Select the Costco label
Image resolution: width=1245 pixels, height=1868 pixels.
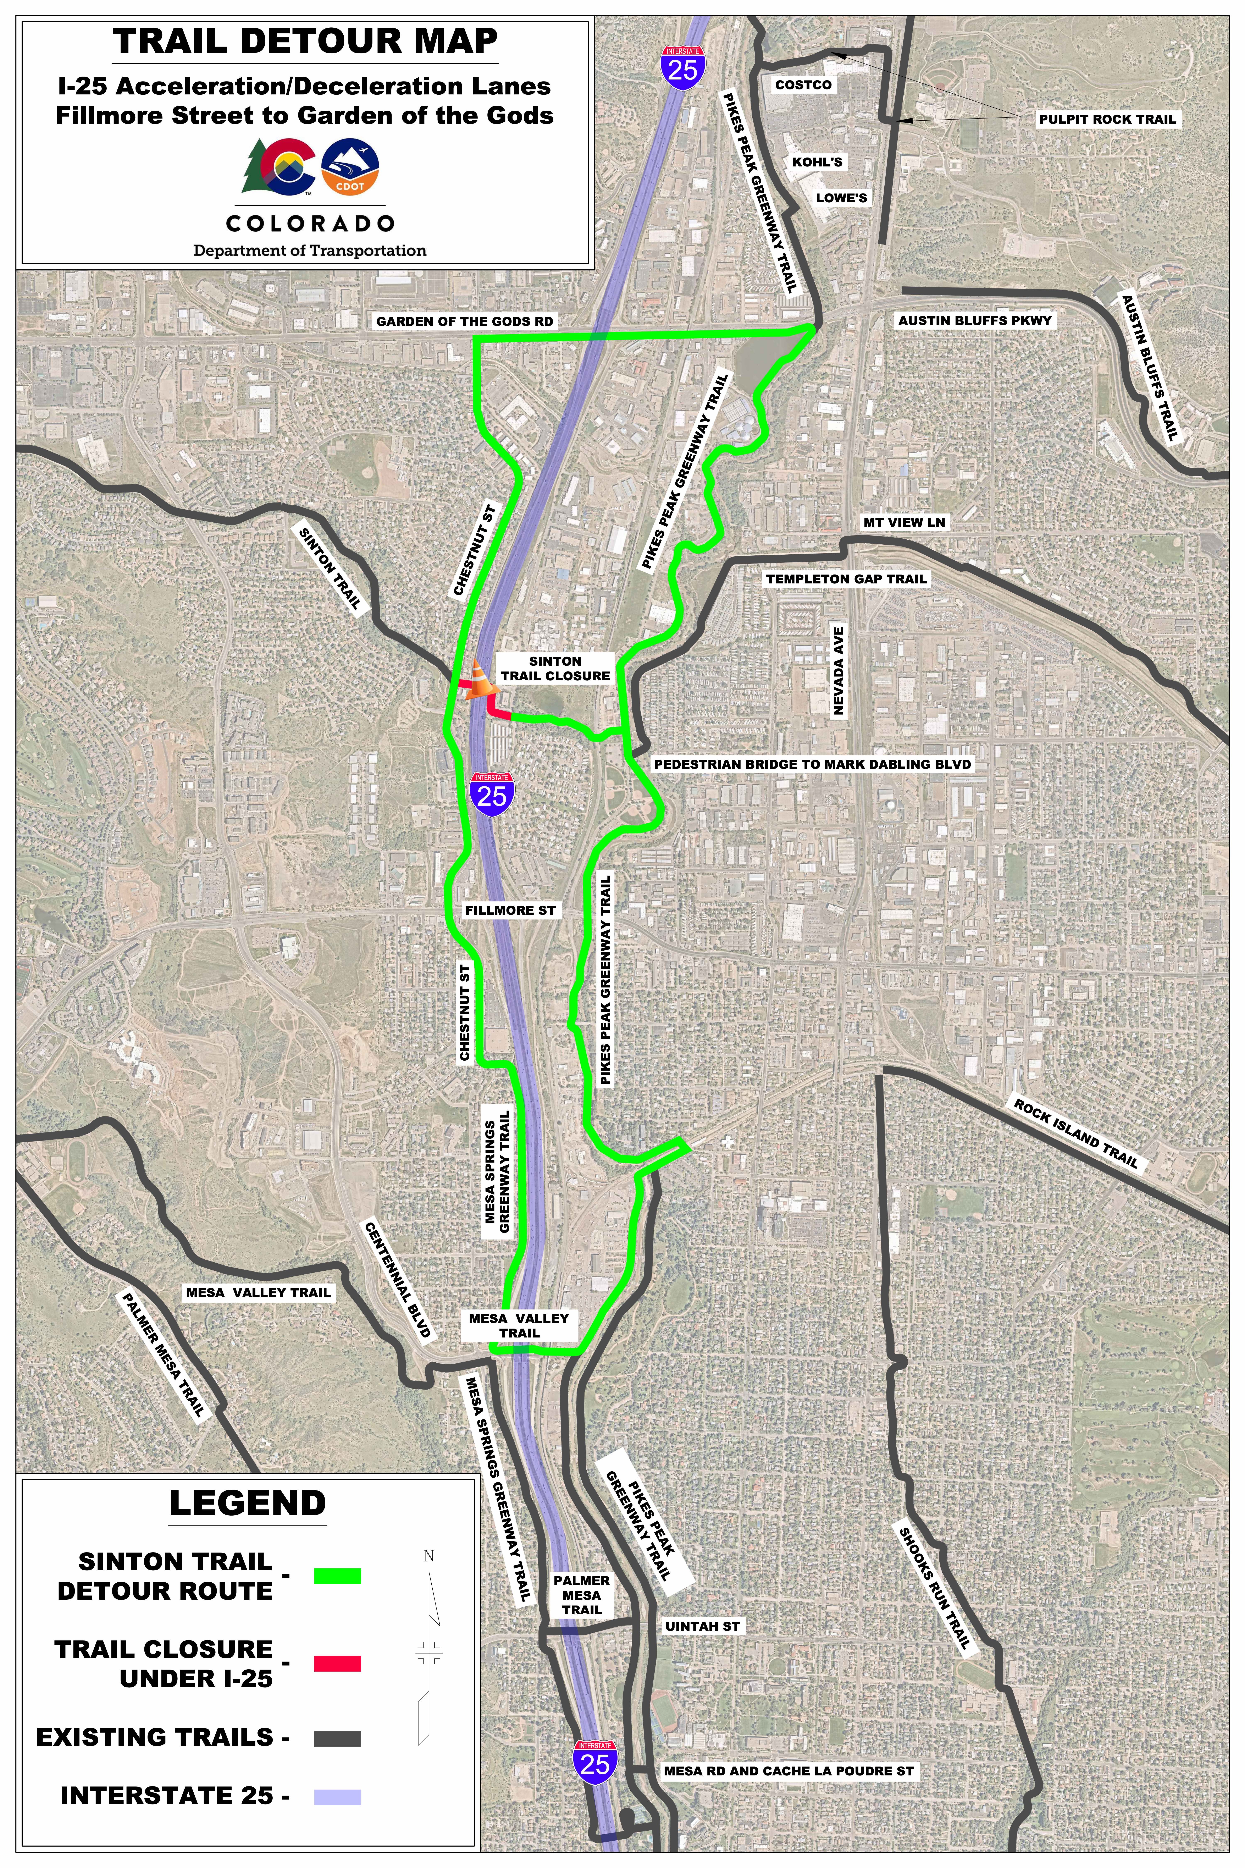(803, 85)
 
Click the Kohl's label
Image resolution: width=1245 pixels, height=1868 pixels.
(817, 162)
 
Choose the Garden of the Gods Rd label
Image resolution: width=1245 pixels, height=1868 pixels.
(465, 322)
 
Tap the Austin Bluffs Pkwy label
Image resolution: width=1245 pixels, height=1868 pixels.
(974, 321)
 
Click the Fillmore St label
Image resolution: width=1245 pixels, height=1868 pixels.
(510, 910)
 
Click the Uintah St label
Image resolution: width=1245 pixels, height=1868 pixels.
(702, 1627)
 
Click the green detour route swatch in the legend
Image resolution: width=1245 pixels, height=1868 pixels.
(337, 1577)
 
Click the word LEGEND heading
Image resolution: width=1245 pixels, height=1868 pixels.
(247, 1504)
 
